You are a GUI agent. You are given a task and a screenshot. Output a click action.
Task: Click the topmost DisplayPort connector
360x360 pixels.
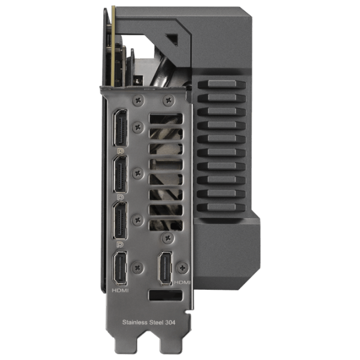coord(120,128)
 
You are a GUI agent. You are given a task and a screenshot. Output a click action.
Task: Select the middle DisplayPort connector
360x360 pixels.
coord(120,174)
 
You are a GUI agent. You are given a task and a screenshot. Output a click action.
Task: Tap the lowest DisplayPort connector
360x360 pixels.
coord(120,221)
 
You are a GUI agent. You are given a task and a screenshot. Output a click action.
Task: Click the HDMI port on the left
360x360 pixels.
coord(120,268)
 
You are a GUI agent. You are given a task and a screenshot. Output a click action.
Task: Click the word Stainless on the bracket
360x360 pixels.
coord(134,322)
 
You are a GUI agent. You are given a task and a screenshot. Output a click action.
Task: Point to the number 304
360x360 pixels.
coord(170,322)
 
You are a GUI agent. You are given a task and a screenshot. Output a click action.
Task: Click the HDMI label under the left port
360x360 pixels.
coord(120,290)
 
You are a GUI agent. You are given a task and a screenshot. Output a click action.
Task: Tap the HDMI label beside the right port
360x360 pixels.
coord(182,282)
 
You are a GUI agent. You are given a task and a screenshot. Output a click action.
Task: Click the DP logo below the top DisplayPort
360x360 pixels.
coord(121,151)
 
